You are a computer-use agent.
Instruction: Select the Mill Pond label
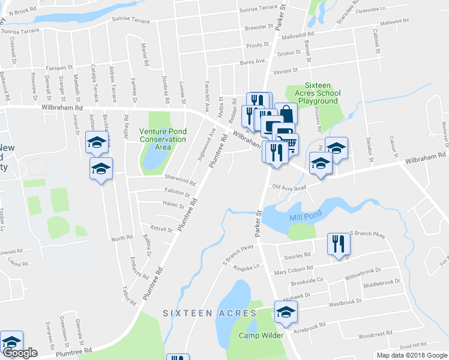point(306,214)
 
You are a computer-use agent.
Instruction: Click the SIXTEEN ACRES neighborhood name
point(210,313)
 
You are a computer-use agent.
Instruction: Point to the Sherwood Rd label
point(181,180)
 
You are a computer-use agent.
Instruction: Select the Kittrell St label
point(161,229)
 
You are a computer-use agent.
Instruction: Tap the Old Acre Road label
point(289,188)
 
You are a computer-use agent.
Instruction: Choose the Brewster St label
point(259,28)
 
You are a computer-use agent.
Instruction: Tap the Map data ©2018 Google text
point(411,355)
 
